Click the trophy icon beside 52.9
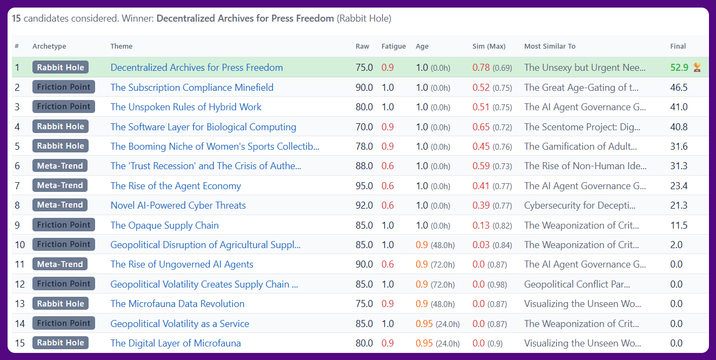tap(697, 68)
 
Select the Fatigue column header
tap(393, 46)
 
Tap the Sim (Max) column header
tap(489, 46)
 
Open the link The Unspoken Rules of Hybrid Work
tap(186, 107)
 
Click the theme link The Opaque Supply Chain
tap(164, 225)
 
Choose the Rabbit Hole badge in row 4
tap(61, 126)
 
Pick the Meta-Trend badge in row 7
tap(60, 185)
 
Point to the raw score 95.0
tap(364, 186)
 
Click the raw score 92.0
tap(364, 205)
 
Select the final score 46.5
tap(679, 88)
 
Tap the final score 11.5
tap(679, 225)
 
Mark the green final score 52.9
tap(679, 68)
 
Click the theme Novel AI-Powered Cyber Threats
tap(178, 205)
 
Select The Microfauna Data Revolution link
tap(177, 304)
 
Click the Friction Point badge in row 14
tap(64, 323)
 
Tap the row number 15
tap(20, 343)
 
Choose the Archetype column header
tap(49, 46)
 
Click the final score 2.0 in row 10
tap(677, 245)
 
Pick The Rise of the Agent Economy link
tap(176, 186)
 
